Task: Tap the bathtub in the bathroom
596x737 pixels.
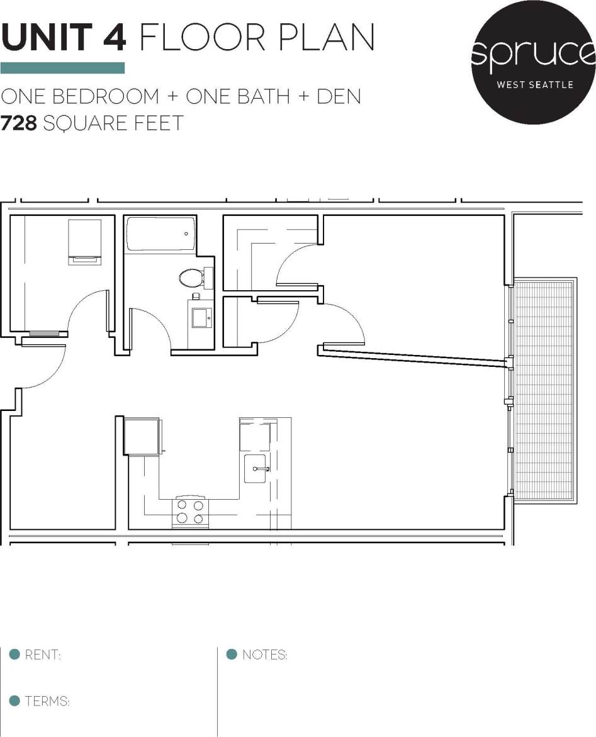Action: click(x=160, y=233)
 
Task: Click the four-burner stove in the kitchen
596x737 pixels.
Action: click(x=191, y=512)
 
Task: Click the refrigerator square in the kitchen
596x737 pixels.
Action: click(x=140, y=436)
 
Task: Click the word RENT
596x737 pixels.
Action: click(x=42, y=655)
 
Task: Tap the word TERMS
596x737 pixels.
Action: click(x=47, y=701)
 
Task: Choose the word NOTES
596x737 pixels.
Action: click(x=264, y=655)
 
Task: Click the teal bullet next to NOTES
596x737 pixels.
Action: click(x=232, y=655)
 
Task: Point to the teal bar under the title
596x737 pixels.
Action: click(x=62, y=68)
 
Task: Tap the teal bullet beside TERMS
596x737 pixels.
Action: click(x=14, y=700)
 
